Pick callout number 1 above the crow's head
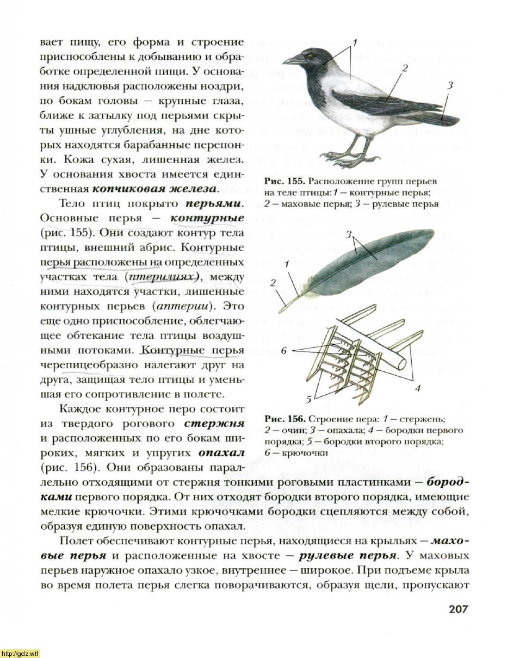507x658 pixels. click(354, 42)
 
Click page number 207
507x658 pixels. click(459, 609)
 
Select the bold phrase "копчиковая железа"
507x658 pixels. click(154, 189)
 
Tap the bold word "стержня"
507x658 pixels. click(214, 423)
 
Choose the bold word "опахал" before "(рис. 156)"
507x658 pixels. click(221, 452)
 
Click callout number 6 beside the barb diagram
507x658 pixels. click(283, 351)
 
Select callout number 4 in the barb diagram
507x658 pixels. click(418, 388)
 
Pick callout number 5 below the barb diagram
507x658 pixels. click(308, 400)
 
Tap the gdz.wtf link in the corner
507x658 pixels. click(20, 653)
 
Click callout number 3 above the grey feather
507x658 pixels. click(349, 234)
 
